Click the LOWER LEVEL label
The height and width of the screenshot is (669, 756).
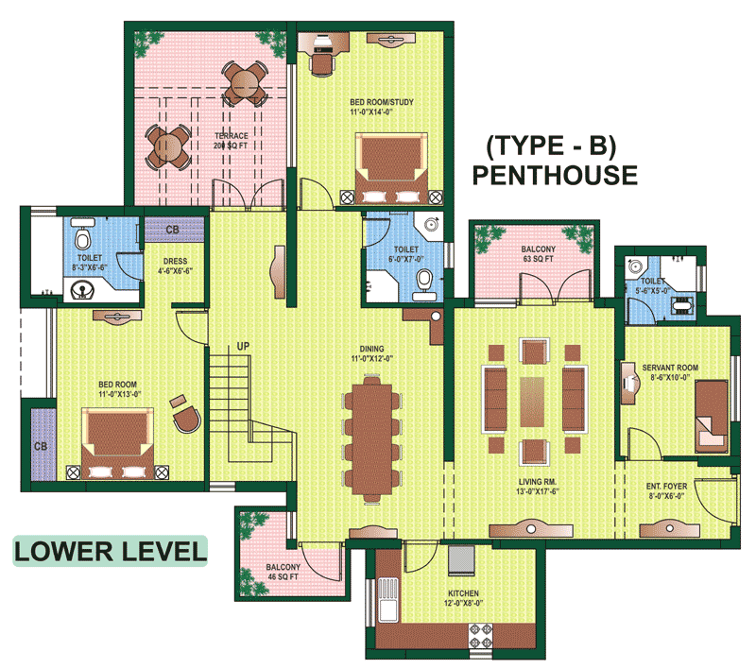coord(111,552)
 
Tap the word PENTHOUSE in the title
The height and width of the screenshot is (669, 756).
coord(555,175)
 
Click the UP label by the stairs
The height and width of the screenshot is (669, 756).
coord(243,346)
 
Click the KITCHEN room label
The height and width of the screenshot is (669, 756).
coord(463,593)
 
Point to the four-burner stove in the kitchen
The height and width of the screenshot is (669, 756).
coord(481,636)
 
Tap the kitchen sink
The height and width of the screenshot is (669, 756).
coord(387,599)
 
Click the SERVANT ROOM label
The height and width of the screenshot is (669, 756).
coord(670,368)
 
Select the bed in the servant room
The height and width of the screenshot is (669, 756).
coord(712,417)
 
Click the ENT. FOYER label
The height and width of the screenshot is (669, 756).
coord(667,487)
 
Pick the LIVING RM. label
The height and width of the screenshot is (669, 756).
coord(538,482)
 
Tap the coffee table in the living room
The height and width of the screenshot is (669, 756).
coord(532,402)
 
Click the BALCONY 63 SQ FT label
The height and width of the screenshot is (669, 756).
coord(538,254)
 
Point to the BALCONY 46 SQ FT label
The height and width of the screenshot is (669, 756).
coord(283,572)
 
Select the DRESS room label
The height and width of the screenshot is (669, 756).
coord(175,261)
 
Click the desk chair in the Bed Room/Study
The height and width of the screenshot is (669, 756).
coord(322,64)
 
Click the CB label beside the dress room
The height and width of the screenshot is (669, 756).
coord(172,230)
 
